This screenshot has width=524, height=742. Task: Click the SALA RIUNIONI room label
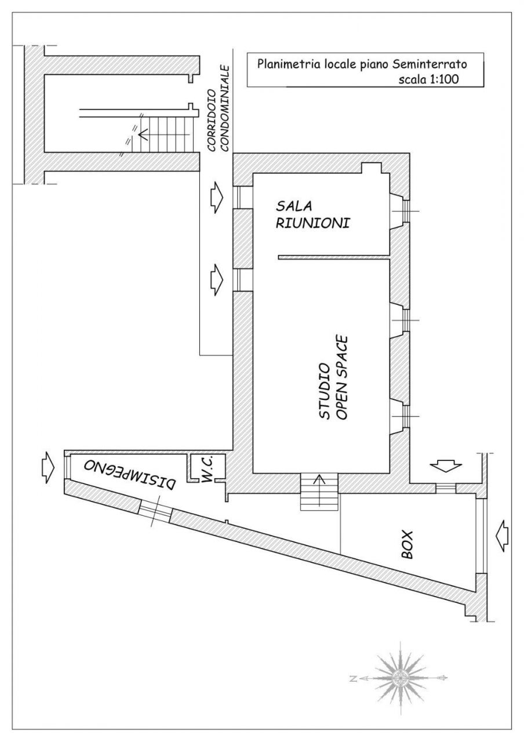click(x=312, y=214)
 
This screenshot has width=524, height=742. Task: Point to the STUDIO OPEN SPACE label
click(x=333, y=377)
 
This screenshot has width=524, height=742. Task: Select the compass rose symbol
click(x=399, y=676)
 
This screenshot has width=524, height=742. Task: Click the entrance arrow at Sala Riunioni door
click(x=214, y=197)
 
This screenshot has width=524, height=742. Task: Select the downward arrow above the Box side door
click(x=446, y=465)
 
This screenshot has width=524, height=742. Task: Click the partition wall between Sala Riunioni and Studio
click(x=333, y=256)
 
